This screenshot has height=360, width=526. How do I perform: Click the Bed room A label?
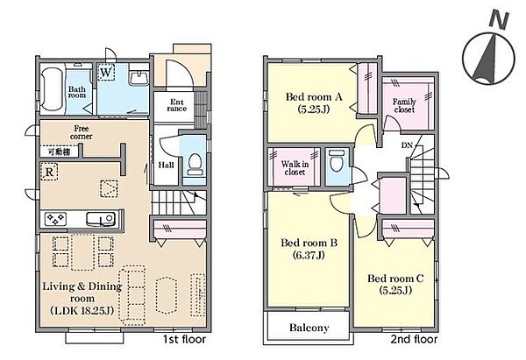(x=314, y=102)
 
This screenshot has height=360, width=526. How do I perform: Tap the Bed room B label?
(x=309, y=249)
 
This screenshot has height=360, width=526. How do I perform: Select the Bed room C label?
(x=395, y=285)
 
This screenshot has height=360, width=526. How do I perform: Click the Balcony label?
(x=309, y=328)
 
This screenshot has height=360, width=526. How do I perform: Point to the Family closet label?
(x=404, y=106)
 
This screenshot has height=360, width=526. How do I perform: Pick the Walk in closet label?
(x=295, y=168)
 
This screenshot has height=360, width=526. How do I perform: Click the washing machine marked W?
(x=106, y=72)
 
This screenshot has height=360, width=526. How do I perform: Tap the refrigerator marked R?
(x=49, y=172)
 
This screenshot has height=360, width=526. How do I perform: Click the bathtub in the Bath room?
(x=52, y=89)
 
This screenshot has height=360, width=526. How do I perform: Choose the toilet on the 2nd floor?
(x=337, y=161)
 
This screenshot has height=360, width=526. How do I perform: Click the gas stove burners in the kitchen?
(x=55, y=219)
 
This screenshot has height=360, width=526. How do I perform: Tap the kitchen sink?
(x=101, y=219)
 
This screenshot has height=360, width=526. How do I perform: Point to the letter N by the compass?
(x=499, y=19)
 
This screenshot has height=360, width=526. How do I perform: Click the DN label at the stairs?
(x=407, y=145)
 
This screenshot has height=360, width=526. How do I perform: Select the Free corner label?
(x=82, y=132)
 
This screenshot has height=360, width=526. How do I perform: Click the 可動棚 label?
(x=59, y=152)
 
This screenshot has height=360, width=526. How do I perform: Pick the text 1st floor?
(x=184, y=339)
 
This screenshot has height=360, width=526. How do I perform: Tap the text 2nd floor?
(x=414, y=339)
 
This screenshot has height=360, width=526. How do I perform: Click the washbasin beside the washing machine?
(x=139, y=77)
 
